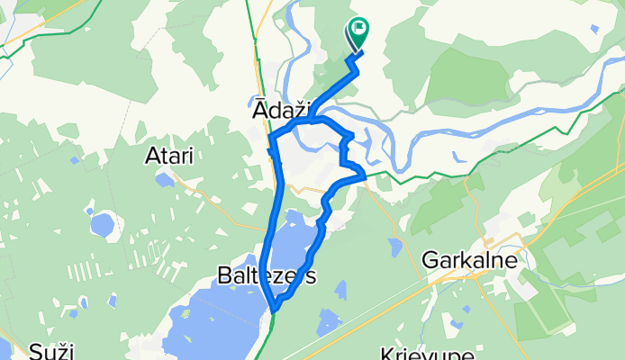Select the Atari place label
point(169,156)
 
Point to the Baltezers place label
point(267,276)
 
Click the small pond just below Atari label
point(165,178)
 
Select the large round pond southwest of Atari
point(102,222)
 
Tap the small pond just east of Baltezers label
point(340,290)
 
